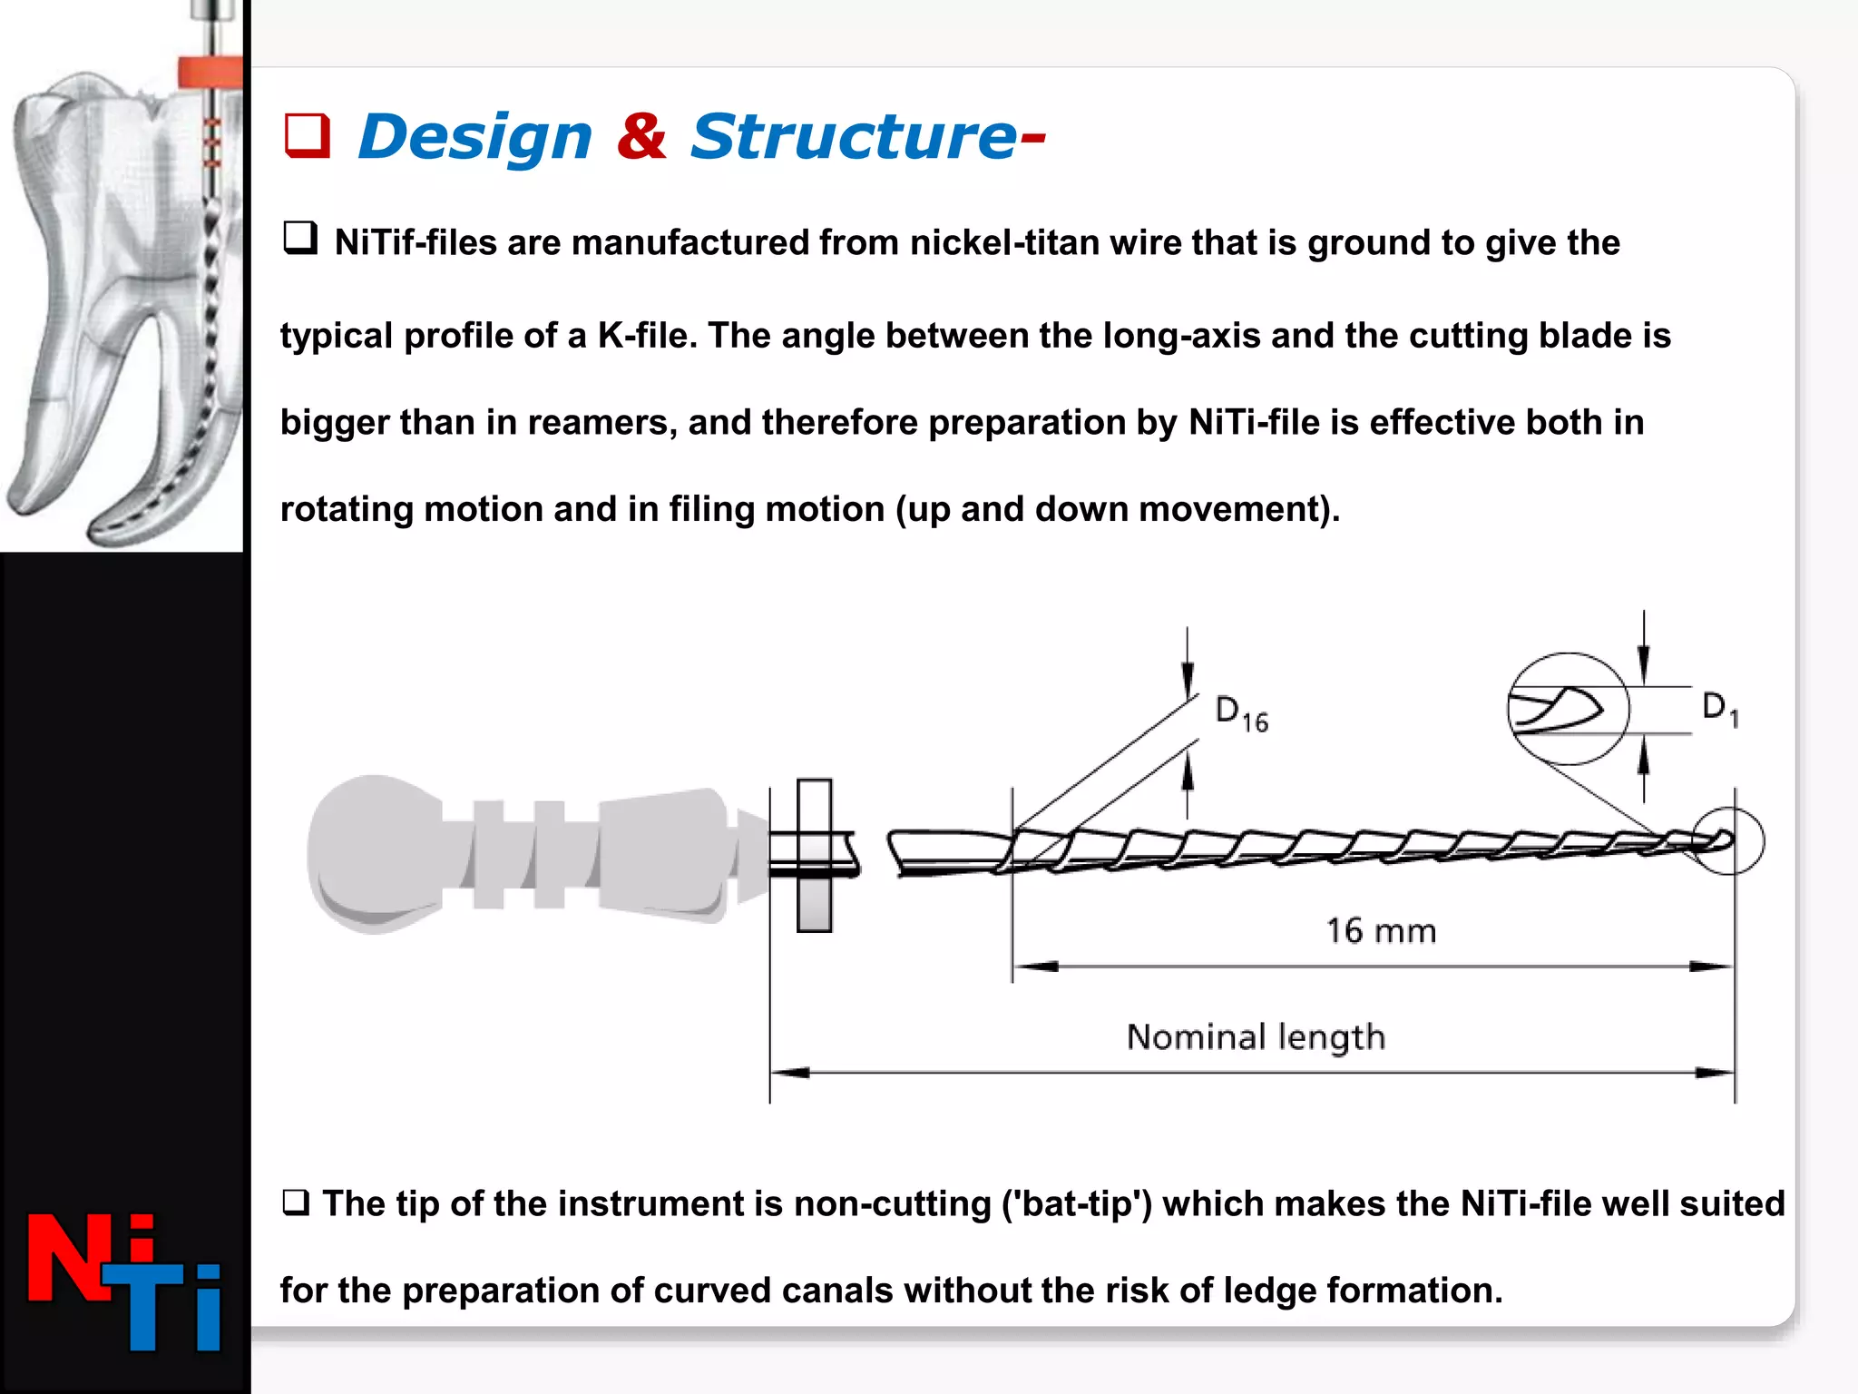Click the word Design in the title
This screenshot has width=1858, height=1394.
(475, 137)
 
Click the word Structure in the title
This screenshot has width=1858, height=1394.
(853, 137)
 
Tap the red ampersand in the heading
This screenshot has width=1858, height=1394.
(641, 136)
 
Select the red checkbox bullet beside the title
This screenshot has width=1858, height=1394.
(307, 136)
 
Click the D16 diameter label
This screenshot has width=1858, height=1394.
(1240, 713)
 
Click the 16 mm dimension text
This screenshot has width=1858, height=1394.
(1381, 931)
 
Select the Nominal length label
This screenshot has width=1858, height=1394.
(1256, 1037)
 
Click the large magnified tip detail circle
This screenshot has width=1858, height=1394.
(1568, 708)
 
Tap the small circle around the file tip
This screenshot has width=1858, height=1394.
(1728, 841)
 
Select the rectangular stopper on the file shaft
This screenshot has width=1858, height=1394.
(814, 855)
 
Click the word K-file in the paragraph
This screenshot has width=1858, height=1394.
(646, 336)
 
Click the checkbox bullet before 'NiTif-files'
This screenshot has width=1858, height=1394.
(300, 238)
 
